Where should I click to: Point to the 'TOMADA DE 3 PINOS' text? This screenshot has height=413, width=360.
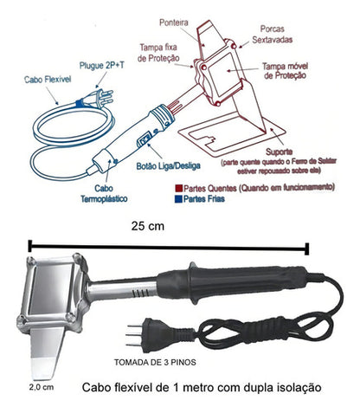[155, 363]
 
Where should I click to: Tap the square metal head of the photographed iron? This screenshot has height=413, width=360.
[56, 295]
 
